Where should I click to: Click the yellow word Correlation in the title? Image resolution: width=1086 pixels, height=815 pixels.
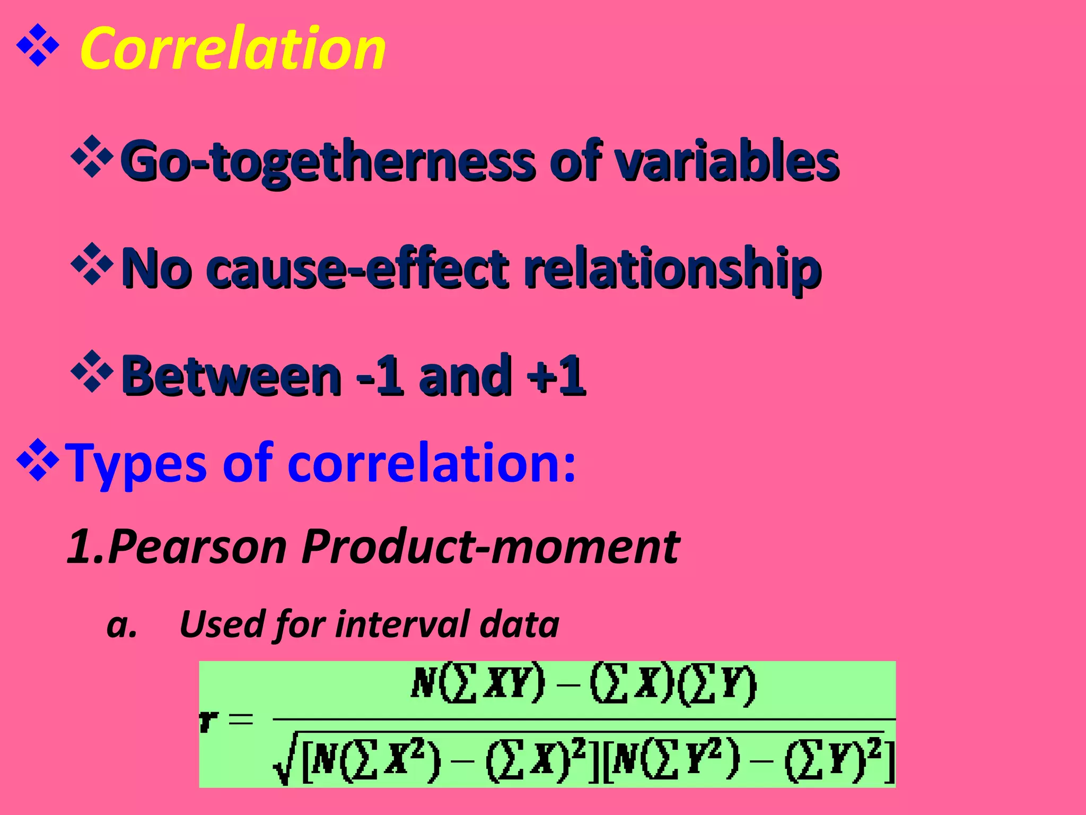click(x=232, y=49)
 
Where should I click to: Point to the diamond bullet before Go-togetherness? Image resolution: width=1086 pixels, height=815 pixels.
click(x=92, y=157)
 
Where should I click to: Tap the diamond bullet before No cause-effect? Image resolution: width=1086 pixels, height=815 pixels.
click(x=92, y=264)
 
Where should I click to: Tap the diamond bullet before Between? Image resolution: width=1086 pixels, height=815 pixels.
click(x=92, y=371)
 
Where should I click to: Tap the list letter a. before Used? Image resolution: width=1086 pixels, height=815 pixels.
click(x=121, y=625)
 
